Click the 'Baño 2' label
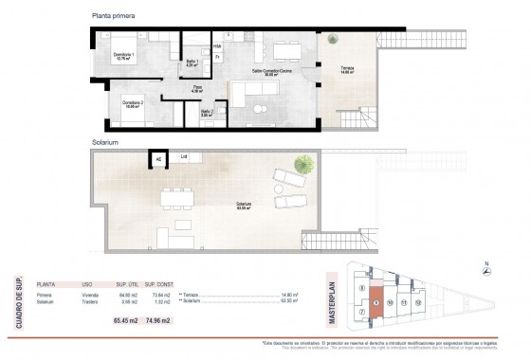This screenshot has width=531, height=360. [x=207, y=113]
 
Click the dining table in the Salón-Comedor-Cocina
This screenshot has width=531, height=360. [x=284, y=50]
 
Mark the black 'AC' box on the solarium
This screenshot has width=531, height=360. [x=157, y=159]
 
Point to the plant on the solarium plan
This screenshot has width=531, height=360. [x=302, y=163]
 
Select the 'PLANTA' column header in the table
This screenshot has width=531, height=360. [x=45, y=283]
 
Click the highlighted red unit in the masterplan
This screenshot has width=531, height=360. [x=376, y=303]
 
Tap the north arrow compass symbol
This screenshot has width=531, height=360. [x=485, y=272]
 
